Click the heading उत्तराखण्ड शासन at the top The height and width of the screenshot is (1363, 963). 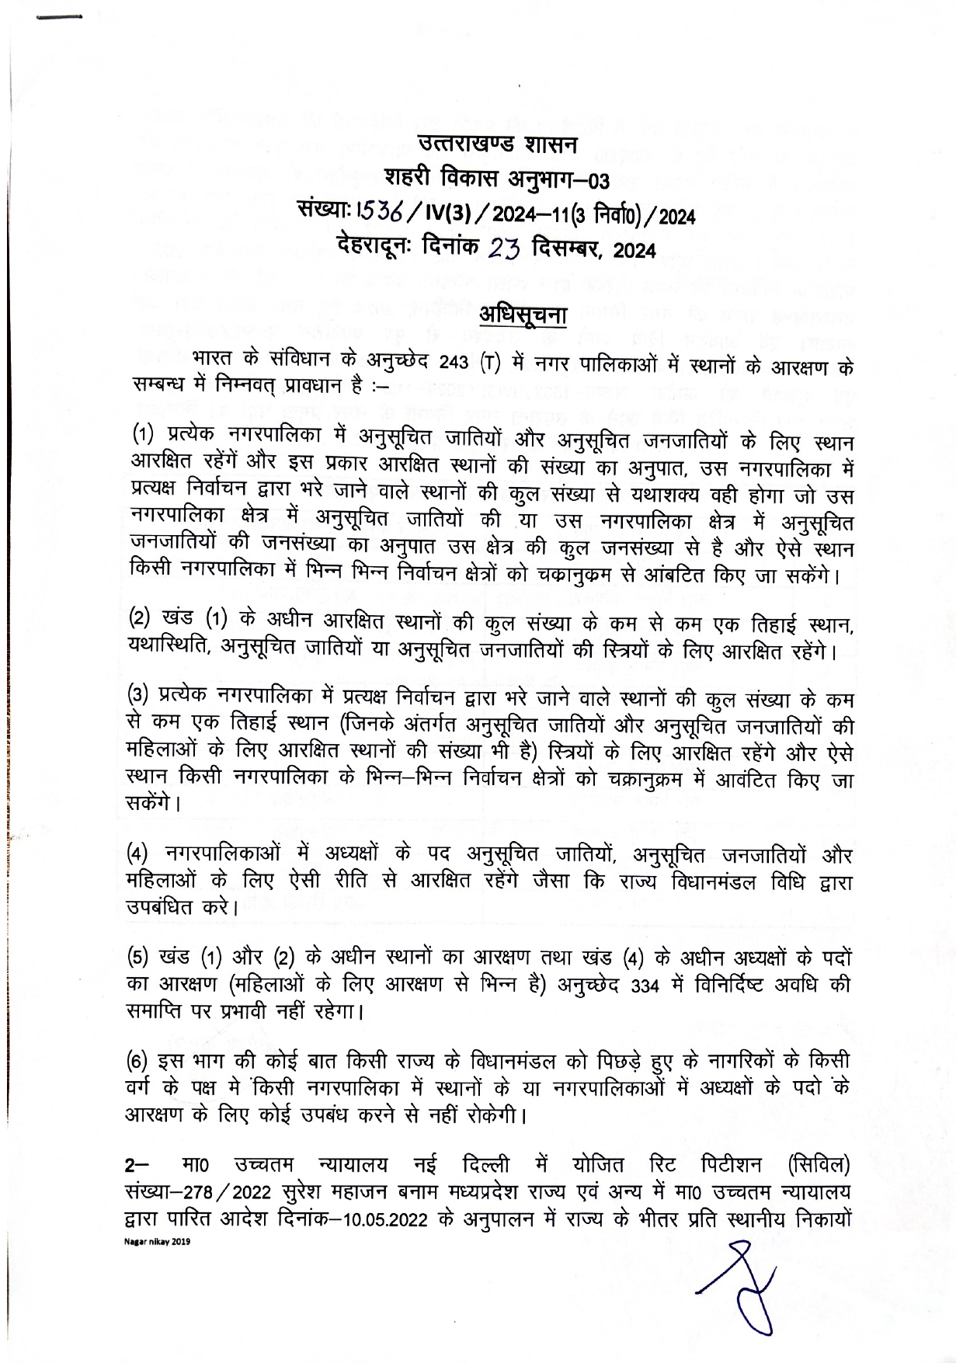[x=497, y=144]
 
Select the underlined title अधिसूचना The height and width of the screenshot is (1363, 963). [x=522, y=316]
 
